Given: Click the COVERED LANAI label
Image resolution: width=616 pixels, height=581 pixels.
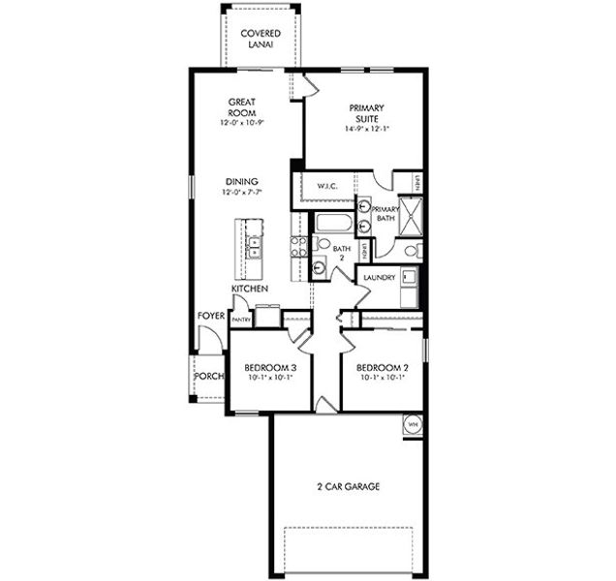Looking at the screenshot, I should point(261,40).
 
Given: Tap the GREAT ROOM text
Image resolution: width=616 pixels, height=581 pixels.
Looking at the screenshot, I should point(242,107).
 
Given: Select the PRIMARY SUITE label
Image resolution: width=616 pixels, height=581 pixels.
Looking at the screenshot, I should point(366,112).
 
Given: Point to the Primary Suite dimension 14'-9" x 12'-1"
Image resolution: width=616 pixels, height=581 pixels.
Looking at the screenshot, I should point(366,129).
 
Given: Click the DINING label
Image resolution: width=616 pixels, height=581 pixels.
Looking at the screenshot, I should point(242,181).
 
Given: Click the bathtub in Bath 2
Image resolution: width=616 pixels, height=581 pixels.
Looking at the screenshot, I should point(334,223).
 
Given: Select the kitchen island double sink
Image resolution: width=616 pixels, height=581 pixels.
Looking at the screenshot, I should point(253,247).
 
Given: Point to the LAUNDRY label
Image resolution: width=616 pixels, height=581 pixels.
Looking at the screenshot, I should point(379,278).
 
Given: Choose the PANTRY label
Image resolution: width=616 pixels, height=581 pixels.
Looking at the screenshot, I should point(241,320).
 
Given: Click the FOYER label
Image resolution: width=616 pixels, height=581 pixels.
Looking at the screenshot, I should point(211,316).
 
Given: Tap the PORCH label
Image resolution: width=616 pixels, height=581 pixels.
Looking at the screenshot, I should point(208,376).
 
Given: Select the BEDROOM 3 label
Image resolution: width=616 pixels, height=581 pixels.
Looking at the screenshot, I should point(269,368).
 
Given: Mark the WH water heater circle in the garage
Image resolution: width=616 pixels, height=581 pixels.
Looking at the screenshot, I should point(412,424).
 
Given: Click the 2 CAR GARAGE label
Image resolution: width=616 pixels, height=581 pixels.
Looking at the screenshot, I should point(348,486).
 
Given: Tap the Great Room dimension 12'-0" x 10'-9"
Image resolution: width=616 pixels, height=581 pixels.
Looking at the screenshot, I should point(242,123).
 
